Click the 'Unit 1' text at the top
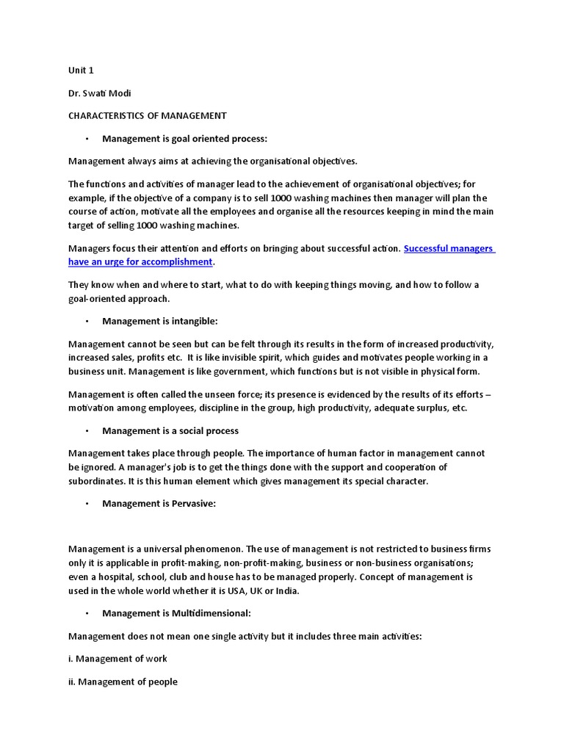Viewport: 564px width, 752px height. [81, 70]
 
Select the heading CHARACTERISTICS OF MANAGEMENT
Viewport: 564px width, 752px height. [147, 115]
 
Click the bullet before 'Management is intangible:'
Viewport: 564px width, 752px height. [86, 321]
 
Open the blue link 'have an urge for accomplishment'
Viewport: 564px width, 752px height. [140, 261]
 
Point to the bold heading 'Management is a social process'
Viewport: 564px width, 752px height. [170, 430]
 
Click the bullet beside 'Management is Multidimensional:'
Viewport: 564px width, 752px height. [86, 612]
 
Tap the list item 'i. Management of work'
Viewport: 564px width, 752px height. [117, 658]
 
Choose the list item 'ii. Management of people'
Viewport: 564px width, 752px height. [123, 681]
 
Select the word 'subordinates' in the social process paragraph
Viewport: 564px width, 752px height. [96, 481]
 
